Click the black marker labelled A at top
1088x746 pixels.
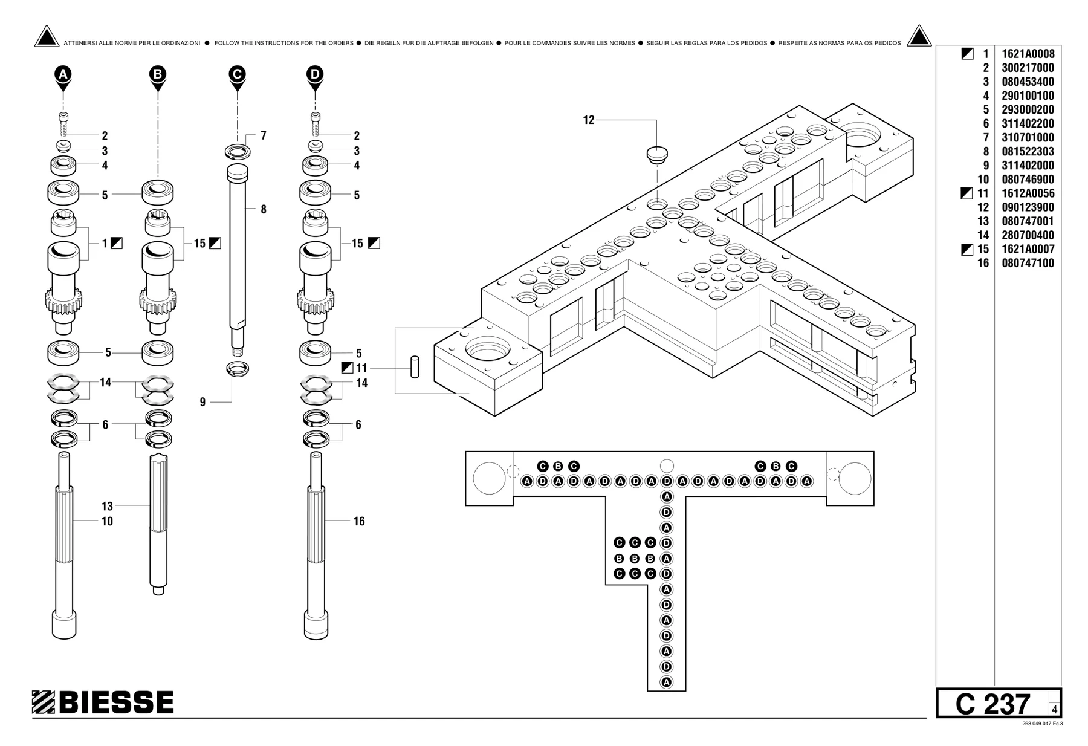pos(63,74)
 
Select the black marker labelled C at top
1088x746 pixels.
pos(238,74)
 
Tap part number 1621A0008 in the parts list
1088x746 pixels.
pos(1028,54)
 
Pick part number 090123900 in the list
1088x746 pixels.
pos(1028,207)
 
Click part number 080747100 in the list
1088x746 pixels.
pos(1028,263)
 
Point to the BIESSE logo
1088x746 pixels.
pos(103,702)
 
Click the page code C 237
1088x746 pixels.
pos(992,704)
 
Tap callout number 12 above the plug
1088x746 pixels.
pos(589,120)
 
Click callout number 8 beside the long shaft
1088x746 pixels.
pos(264,210)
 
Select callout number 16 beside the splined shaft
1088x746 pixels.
pos(359,521)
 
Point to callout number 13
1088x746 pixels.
pos(107,506)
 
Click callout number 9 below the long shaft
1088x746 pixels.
pos(202,402)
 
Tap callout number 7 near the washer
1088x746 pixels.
pos(264,135)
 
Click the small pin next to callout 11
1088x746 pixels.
pos(415,368)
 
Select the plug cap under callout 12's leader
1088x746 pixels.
pos(656,154)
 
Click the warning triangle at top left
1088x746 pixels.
pos(47,36)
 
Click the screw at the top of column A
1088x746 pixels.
pos(63,124)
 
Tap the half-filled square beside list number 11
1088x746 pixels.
pos(967,193)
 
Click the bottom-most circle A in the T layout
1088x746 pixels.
pos(667,683)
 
